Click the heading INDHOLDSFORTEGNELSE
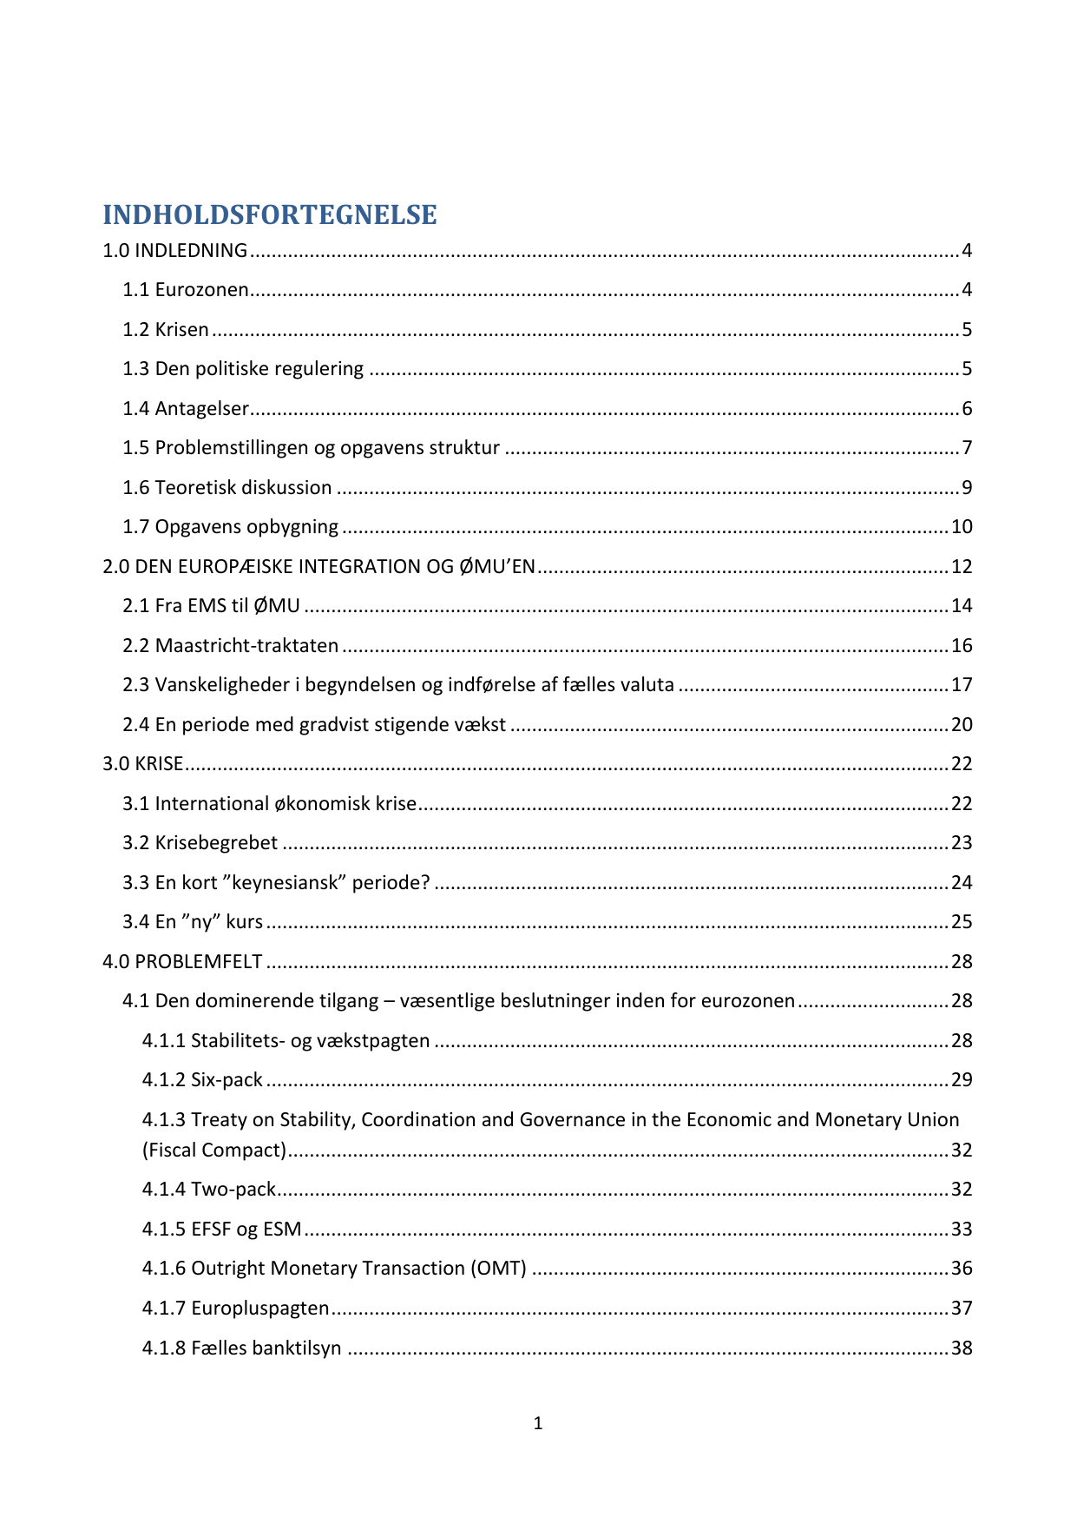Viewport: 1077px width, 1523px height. (x=269, y=214)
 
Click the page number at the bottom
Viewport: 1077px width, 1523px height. (x=538, y=1423)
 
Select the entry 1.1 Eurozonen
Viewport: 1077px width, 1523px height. (x=186, y=290)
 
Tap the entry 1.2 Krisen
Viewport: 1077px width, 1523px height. (x=166, y=330)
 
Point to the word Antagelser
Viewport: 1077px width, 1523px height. (x=202, y=409)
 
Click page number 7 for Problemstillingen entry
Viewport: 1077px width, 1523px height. (x=966, y=448)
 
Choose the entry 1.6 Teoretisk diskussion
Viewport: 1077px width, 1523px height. (x=227, y=488)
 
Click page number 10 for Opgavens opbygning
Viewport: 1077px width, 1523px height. (x=962, y=527)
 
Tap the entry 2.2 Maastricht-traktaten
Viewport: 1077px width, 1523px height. (x=230, y=646)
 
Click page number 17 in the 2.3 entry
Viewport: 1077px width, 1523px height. (x=962, y=685)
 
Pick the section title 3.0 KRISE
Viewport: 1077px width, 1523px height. (x=143, y=764)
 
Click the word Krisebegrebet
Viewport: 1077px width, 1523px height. (x=216, y=843)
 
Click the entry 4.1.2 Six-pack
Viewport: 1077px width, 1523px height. (x=202, y=1080)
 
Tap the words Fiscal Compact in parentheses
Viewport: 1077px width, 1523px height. (x=214, y=1150)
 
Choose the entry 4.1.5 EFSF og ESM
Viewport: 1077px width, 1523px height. (x=221, y=1230)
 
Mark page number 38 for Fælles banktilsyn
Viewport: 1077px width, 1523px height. (x=962, y=1348)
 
